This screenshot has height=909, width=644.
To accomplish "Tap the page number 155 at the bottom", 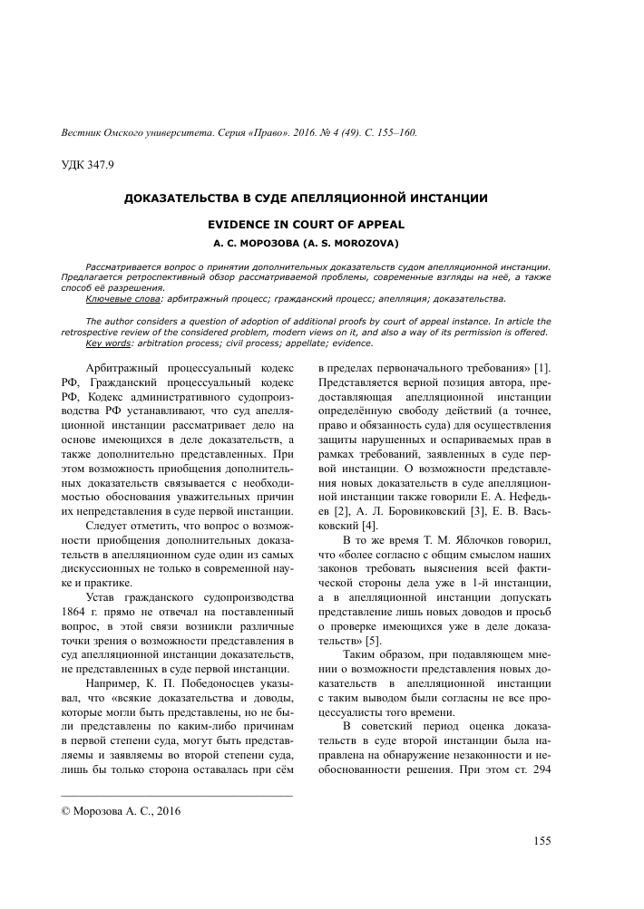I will (542, 841).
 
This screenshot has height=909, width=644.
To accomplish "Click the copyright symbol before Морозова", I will (63, 811).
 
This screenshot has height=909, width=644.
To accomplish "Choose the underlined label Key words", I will (110, 343).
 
